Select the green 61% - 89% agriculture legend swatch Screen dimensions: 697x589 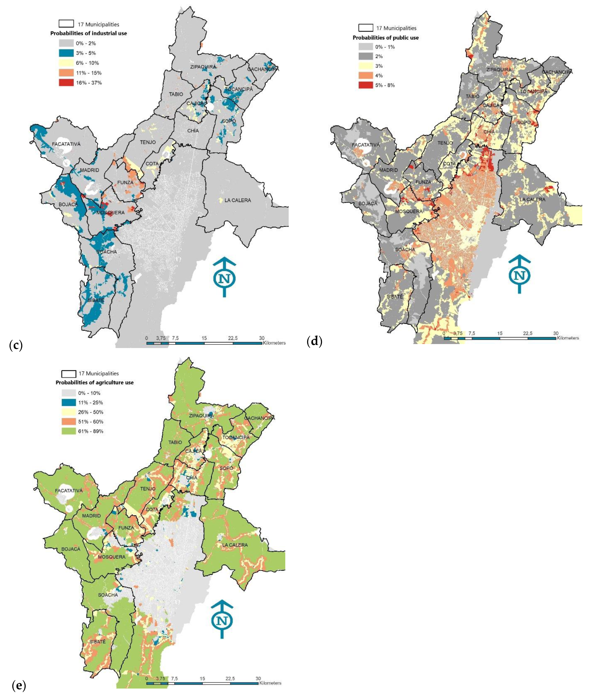(68, 431)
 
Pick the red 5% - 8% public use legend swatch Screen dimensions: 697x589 (366, 85)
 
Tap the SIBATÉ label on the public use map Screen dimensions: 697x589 (395, 297)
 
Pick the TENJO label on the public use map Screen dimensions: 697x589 (445, 143)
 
